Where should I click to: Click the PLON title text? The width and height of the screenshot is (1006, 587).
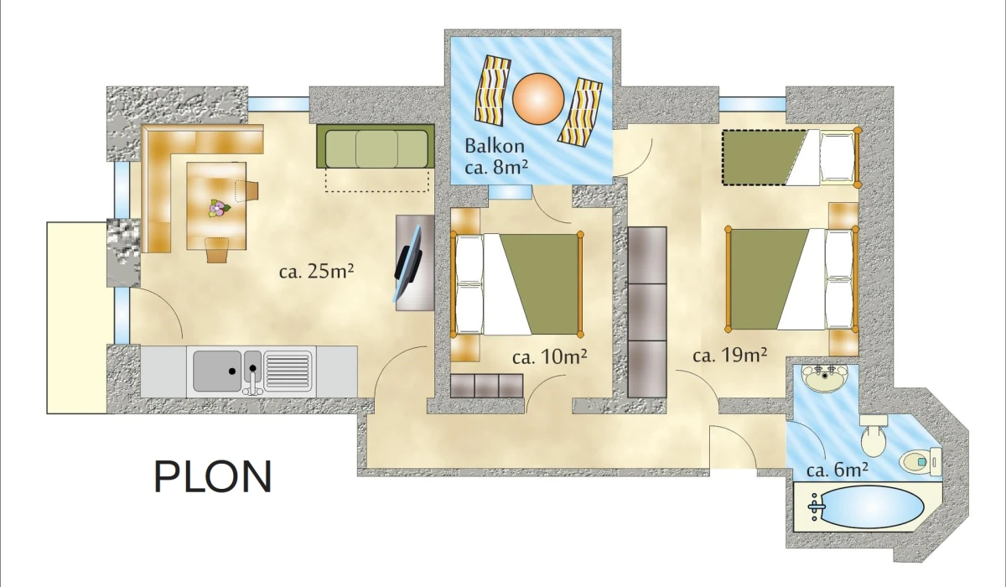coord(213,476)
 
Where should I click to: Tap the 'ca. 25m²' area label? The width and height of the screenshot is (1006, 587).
coord(316,271)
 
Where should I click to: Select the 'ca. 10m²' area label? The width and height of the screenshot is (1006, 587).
coord(549,356)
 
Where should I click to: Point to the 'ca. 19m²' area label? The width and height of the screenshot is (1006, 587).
coord(730,356)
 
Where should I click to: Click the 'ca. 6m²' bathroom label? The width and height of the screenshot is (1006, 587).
coord(837,470)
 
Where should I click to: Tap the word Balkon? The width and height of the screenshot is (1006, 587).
coord(495,146)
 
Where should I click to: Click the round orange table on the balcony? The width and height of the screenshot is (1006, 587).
coord(538,99)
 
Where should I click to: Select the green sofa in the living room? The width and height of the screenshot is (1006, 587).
coord(376,147)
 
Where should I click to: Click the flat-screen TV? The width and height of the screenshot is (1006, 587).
coord(407,263)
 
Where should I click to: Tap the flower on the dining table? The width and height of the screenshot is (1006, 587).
coord(219,209)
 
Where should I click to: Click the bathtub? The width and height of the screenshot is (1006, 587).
coord(866,507)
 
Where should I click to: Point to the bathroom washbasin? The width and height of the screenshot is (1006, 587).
coord(825,380)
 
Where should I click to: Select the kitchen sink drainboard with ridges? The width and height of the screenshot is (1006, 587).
coord(288,371)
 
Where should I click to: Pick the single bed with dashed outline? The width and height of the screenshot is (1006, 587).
coord(791,157)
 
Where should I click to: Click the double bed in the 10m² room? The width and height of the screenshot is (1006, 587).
coord(517,284)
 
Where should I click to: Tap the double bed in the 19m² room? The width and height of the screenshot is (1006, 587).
coord(792,278)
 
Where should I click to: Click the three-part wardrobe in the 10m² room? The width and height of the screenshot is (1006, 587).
coord(487,386)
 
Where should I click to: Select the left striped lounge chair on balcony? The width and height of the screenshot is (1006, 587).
coord(493,90)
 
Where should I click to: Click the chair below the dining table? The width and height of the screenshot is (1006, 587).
coord(217,250)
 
